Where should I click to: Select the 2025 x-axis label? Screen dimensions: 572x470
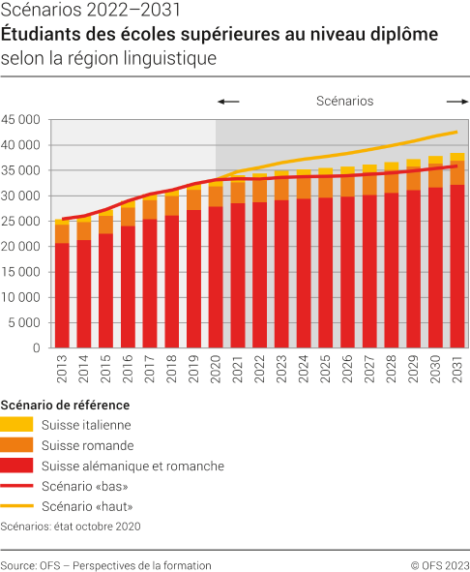pyautogui.click(x=326, y=370)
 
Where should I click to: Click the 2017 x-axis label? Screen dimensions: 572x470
pyautogui.click(x=150, y=370)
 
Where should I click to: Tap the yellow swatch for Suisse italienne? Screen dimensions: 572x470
pyautogui.click(x=17, y=424)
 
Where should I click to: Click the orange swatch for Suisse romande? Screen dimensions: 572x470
pyautogui.click(x=17, y=445)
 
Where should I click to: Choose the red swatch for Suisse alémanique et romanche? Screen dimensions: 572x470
pyautogui.click(x=17, y=466)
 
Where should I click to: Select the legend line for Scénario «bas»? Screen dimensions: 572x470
pyautogui.click(x=17, y=486)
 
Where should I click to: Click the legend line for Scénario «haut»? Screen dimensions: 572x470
pyautogui.click(x=17, y=506)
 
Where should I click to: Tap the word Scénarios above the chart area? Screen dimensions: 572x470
pyautogui.click(x=344, y=101)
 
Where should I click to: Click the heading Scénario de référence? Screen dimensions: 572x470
pyautogui.click(x=65, y=405)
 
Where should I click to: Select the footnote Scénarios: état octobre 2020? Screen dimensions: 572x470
pyautogui.click(x=71, y=527)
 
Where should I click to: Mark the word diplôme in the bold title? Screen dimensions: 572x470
pyautogui.click(x=403, y=35)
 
